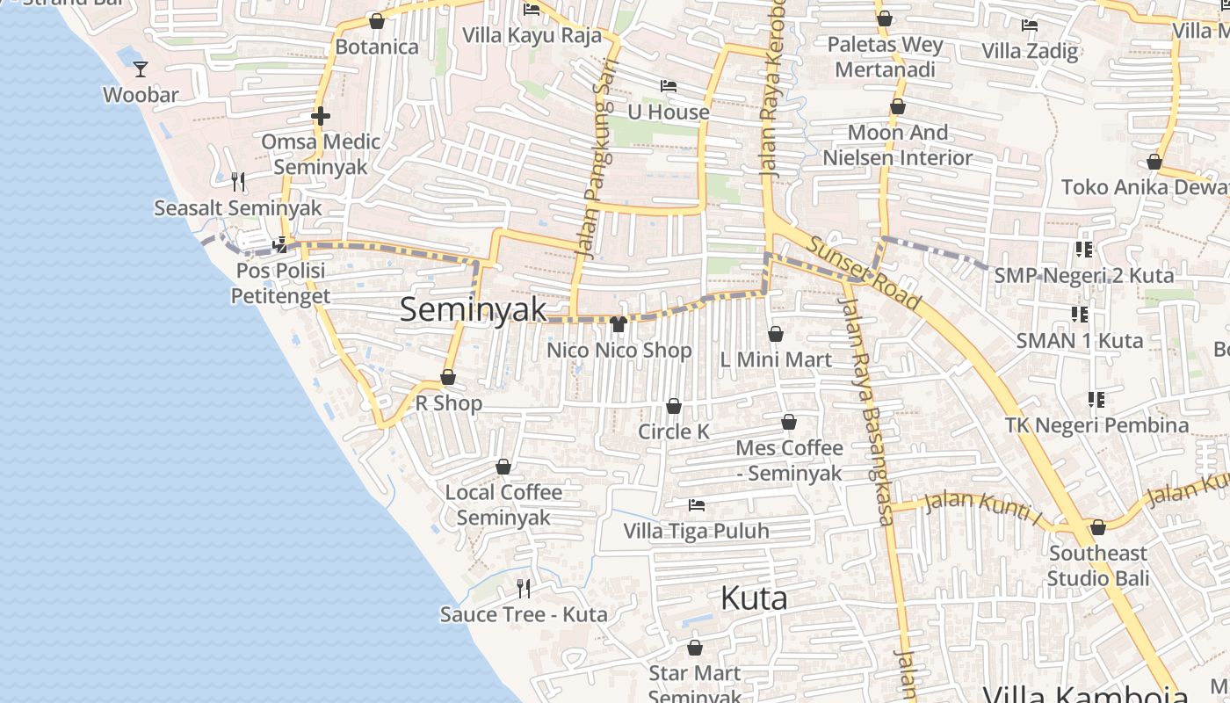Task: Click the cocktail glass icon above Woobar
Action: [x=141, y=69]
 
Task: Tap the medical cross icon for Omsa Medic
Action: [x=321, y=116]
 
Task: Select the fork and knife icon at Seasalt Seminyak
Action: [x=238, y=182]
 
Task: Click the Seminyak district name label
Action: [x=473, y=309]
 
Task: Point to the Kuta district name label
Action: [x=754, y=598]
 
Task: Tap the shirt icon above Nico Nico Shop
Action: [x=619, y=324]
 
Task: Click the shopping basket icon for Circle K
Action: [x=674, y=406]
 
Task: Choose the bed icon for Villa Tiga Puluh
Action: [x=697, y=505]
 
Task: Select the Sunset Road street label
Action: [x=865, y=273]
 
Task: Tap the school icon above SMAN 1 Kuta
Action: [x=1080, y=315]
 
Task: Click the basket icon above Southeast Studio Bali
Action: [x=1097, y=528]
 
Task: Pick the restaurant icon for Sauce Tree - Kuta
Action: [x=524, y=588]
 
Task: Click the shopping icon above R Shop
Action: [x=448, y=378]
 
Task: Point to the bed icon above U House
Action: [x=669, y=86]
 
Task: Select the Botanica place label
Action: [x=377, y=47]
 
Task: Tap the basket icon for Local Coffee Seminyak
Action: [x=503, y=467]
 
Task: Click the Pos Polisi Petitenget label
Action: [x=280, y=283]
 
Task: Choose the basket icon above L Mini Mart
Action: [x=776, y=334]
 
